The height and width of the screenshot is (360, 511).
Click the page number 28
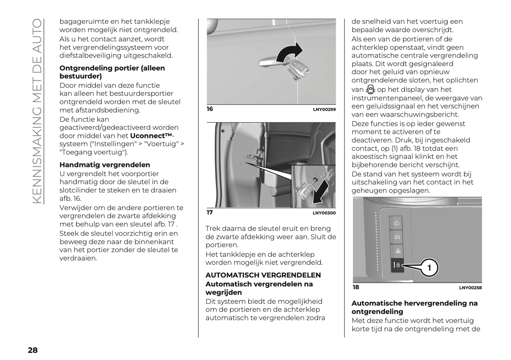click(33, 350)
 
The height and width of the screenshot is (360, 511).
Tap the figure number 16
click(210, 109)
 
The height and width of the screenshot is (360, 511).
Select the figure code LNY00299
click(324, 110)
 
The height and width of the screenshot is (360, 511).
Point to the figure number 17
click(210, 213)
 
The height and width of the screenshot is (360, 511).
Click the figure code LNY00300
click(324, 213)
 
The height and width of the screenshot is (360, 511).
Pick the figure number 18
click(356, 287)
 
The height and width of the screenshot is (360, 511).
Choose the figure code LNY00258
click(470, 288)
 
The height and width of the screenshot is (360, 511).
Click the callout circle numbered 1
click(429, 268)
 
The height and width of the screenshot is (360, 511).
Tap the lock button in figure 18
click(397, 265)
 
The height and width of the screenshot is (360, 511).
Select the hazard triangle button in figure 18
click(397, 251)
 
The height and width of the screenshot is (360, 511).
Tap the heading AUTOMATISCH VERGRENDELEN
click(263, 275)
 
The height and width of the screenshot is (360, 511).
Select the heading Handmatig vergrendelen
click(105, 165)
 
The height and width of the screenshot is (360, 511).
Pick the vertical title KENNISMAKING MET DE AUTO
click(37, 111)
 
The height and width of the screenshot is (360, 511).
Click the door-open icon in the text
click(370, 89)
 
